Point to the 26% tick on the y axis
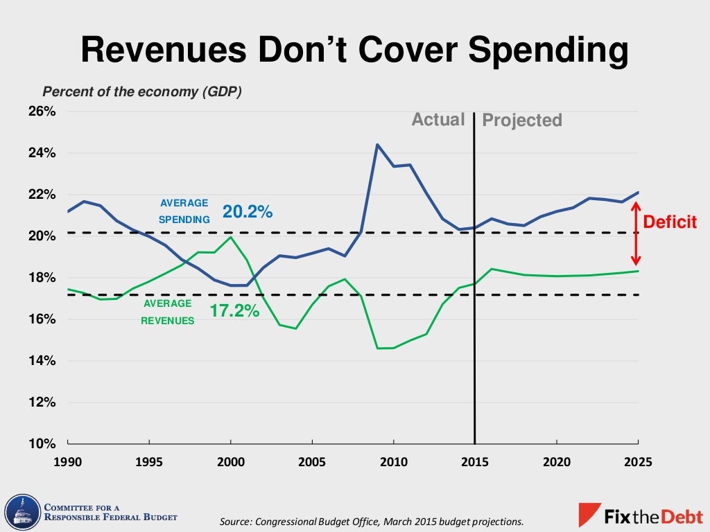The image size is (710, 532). point(42,112)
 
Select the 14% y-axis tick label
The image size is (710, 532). point(42,361)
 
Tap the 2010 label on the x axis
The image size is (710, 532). point(393,462)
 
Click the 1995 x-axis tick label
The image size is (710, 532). point(149,462)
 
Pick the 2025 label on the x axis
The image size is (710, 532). point(638,462)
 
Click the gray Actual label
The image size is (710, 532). point(438,119)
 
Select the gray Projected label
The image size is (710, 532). point(522,121)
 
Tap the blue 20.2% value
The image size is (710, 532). point(248,212)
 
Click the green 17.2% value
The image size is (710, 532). point(234,311)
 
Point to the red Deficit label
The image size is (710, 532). point(670,222)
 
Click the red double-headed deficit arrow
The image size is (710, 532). point(635,233)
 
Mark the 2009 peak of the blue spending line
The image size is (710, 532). point(376,145)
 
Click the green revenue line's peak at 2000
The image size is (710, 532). point(230,238)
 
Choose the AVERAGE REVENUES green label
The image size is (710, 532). point(168,312)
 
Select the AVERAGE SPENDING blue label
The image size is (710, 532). point(184,211)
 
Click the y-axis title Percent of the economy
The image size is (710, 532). point(142,91)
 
